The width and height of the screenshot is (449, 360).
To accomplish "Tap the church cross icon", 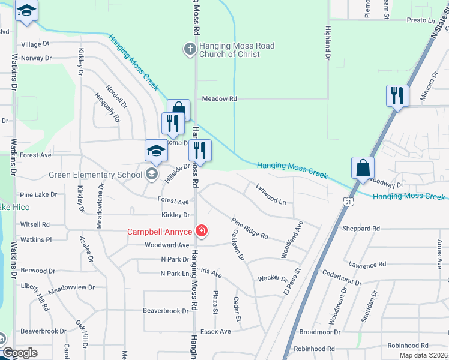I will [x=190, y=48].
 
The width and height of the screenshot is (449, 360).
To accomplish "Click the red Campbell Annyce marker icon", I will [x=202, y=231].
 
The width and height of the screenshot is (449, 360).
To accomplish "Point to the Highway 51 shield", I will [x=348, y=203].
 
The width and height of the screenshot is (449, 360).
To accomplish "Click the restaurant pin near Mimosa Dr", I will [x=397, y=96].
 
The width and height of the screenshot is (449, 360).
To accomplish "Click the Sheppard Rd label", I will [x=361, y=229].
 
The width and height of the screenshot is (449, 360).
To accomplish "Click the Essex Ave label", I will [x=215, y=331].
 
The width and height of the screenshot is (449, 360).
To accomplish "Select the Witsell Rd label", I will [x=35, y=224].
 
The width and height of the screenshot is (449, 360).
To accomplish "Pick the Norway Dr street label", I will [x=36, y=58].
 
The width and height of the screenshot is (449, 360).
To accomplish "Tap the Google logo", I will [x=19, y=353].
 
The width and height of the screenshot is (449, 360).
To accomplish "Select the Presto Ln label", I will [x=420, y=20].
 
